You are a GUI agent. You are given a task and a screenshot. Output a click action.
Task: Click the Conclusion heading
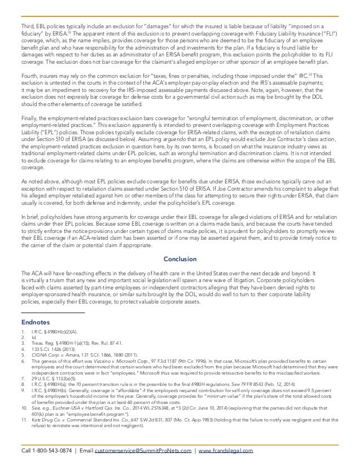coord(179,259)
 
